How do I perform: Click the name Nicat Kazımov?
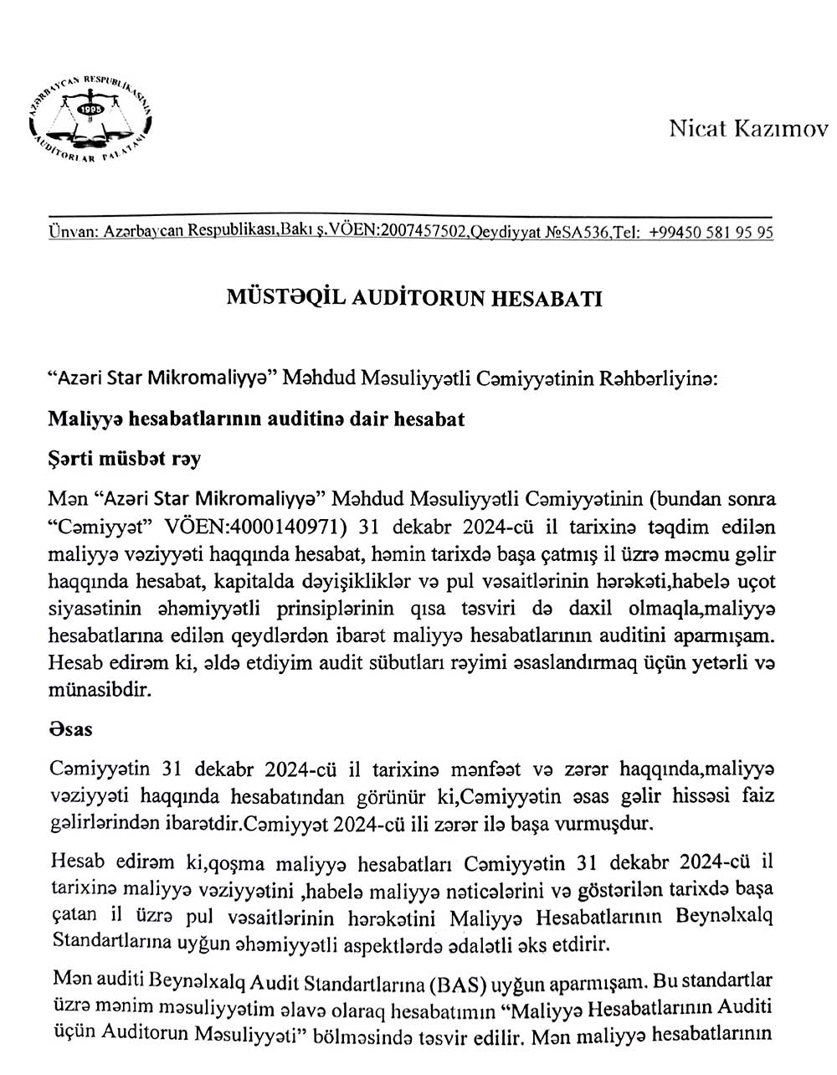[x=747, y=129]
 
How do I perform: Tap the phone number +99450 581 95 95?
[x=710, y=234]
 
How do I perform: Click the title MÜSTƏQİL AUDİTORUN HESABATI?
[x=415, y=300]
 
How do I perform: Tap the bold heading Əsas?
[x=70, y=728]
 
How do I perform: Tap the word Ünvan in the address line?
[x=74, y=234]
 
